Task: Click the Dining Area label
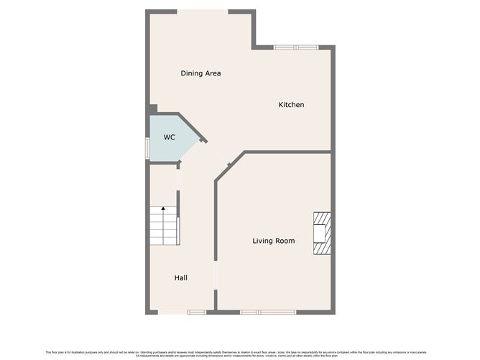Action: coord(200,73)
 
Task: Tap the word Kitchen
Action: coord(291,105)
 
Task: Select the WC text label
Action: coord(169,137)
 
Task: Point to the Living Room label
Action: coord(273,241)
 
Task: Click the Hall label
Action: coord(181,277)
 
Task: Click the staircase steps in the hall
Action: coord(163,226)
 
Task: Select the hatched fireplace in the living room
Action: coord(322,234)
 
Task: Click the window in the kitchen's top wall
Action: coord(295,47)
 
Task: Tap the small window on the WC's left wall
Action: coord(147,148)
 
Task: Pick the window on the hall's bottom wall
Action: coord(196,312)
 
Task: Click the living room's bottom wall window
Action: coord(268,312)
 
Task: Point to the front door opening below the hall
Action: coord(173,312)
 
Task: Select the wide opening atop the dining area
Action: coord(203,11)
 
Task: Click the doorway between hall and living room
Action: coord(216,277)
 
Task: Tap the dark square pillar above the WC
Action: coord(153,109)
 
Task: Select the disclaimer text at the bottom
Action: coord(239,354)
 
